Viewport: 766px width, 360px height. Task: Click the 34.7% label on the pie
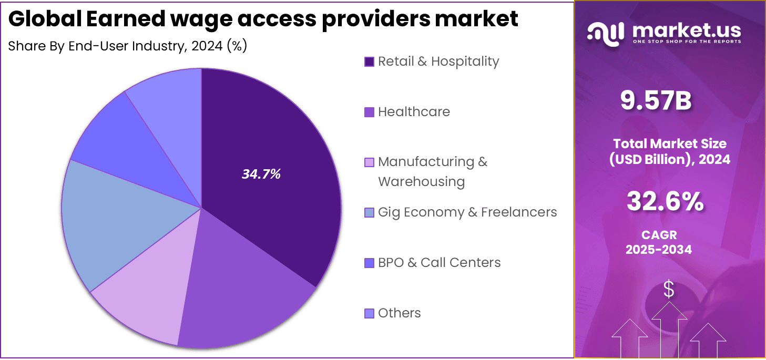[x=261, y=174]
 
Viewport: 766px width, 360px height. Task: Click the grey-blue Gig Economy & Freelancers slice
[x=105, y=226]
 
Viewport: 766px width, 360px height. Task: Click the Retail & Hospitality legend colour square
[x=369, y=61]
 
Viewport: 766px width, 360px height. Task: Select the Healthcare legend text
[x=414, y=112]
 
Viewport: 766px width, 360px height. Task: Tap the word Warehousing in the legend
[x=421, y=182]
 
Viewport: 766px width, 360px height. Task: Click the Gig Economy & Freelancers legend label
[x=467, y=212]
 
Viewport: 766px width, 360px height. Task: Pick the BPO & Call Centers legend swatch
[x=369, y=263]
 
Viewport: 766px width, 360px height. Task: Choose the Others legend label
[x=399, y=313]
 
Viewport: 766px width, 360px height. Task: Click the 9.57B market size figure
[x=656, y=101]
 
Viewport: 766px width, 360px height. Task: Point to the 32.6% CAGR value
[x=665, y=201]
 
